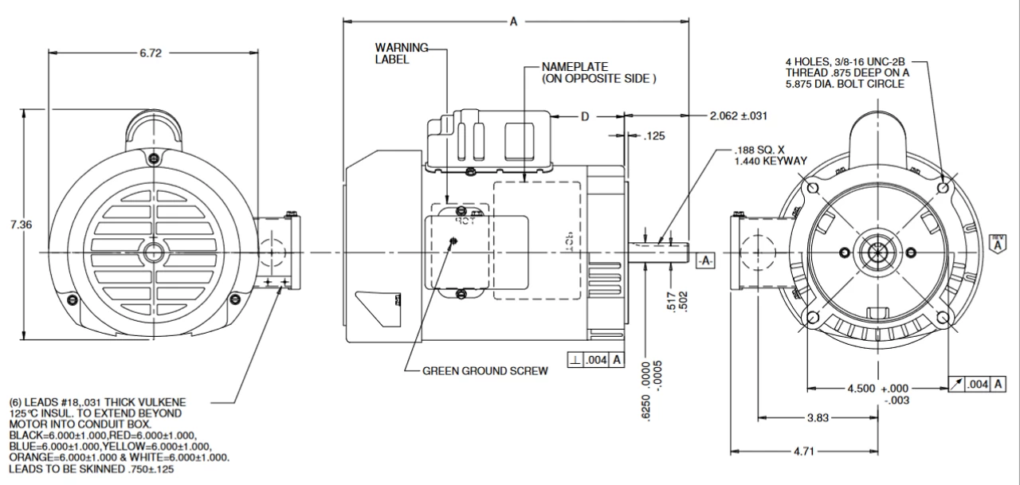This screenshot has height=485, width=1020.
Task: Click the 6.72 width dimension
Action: click(151, 53)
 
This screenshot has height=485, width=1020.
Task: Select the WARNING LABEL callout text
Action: click(402, 53)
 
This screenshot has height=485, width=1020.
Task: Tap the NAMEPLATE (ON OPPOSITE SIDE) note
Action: click(598, 72)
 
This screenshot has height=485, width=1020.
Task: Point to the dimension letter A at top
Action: click(514, 22)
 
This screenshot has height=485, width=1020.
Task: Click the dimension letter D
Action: click(584, 116)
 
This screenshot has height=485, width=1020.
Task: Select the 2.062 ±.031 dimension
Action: click(738, 116)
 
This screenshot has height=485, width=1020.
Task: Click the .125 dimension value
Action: click(653, 136)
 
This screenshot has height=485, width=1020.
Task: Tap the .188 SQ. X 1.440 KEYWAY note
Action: click(771, 154)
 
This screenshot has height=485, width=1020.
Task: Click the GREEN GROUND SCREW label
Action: click(484, 371)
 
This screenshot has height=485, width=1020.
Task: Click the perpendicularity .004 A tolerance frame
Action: click(595, 361)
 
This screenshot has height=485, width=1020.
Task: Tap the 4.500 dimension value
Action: click(862, 389)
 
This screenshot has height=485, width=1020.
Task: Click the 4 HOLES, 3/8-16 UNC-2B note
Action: click(846, 72)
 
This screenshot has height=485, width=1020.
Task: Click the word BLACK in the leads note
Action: click(25, 436)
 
